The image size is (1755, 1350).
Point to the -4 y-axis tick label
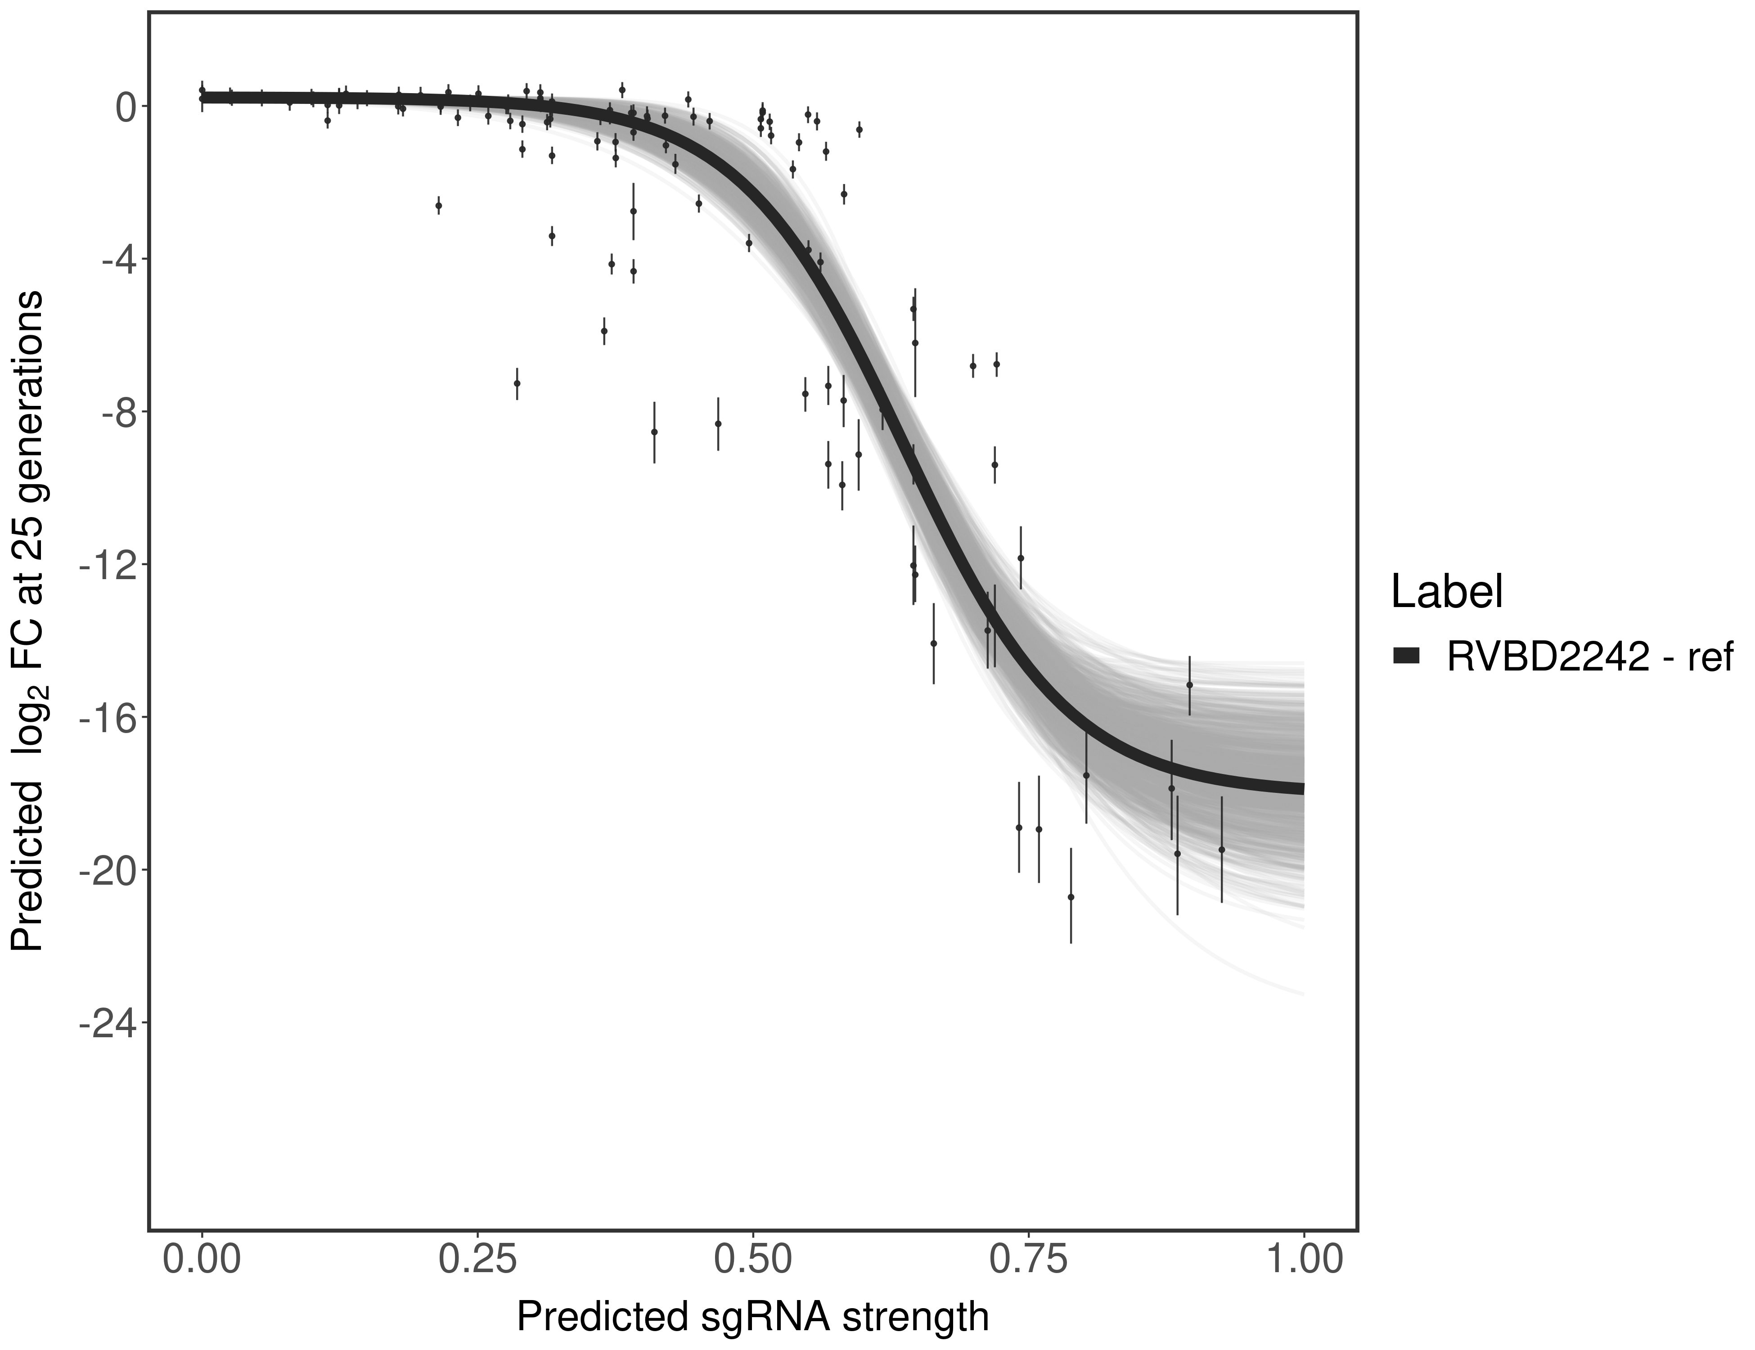pos(115,260)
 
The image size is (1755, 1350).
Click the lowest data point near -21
pos(1071,897)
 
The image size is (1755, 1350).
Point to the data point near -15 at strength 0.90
pos(1189,684)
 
